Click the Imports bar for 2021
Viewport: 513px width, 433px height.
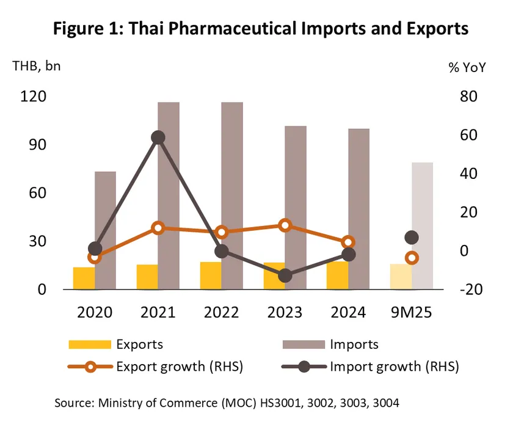(x=169, y=195)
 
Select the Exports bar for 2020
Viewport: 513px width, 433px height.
(x=84, y=278)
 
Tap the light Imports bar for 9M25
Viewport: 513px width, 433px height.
(x=422, y=226)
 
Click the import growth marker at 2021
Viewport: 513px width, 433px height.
(x=158, y=137)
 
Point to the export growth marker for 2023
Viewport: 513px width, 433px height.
(x=285, y=226)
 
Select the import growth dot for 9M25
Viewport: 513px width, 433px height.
(x=412, y=238)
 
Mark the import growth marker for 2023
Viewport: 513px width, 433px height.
(x=285, y=276)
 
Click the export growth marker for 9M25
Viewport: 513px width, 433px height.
(x=412, y=258)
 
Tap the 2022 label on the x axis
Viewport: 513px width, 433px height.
(x=222, y=313)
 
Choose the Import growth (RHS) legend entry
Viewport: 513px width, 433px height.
(x=394, y=366)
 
